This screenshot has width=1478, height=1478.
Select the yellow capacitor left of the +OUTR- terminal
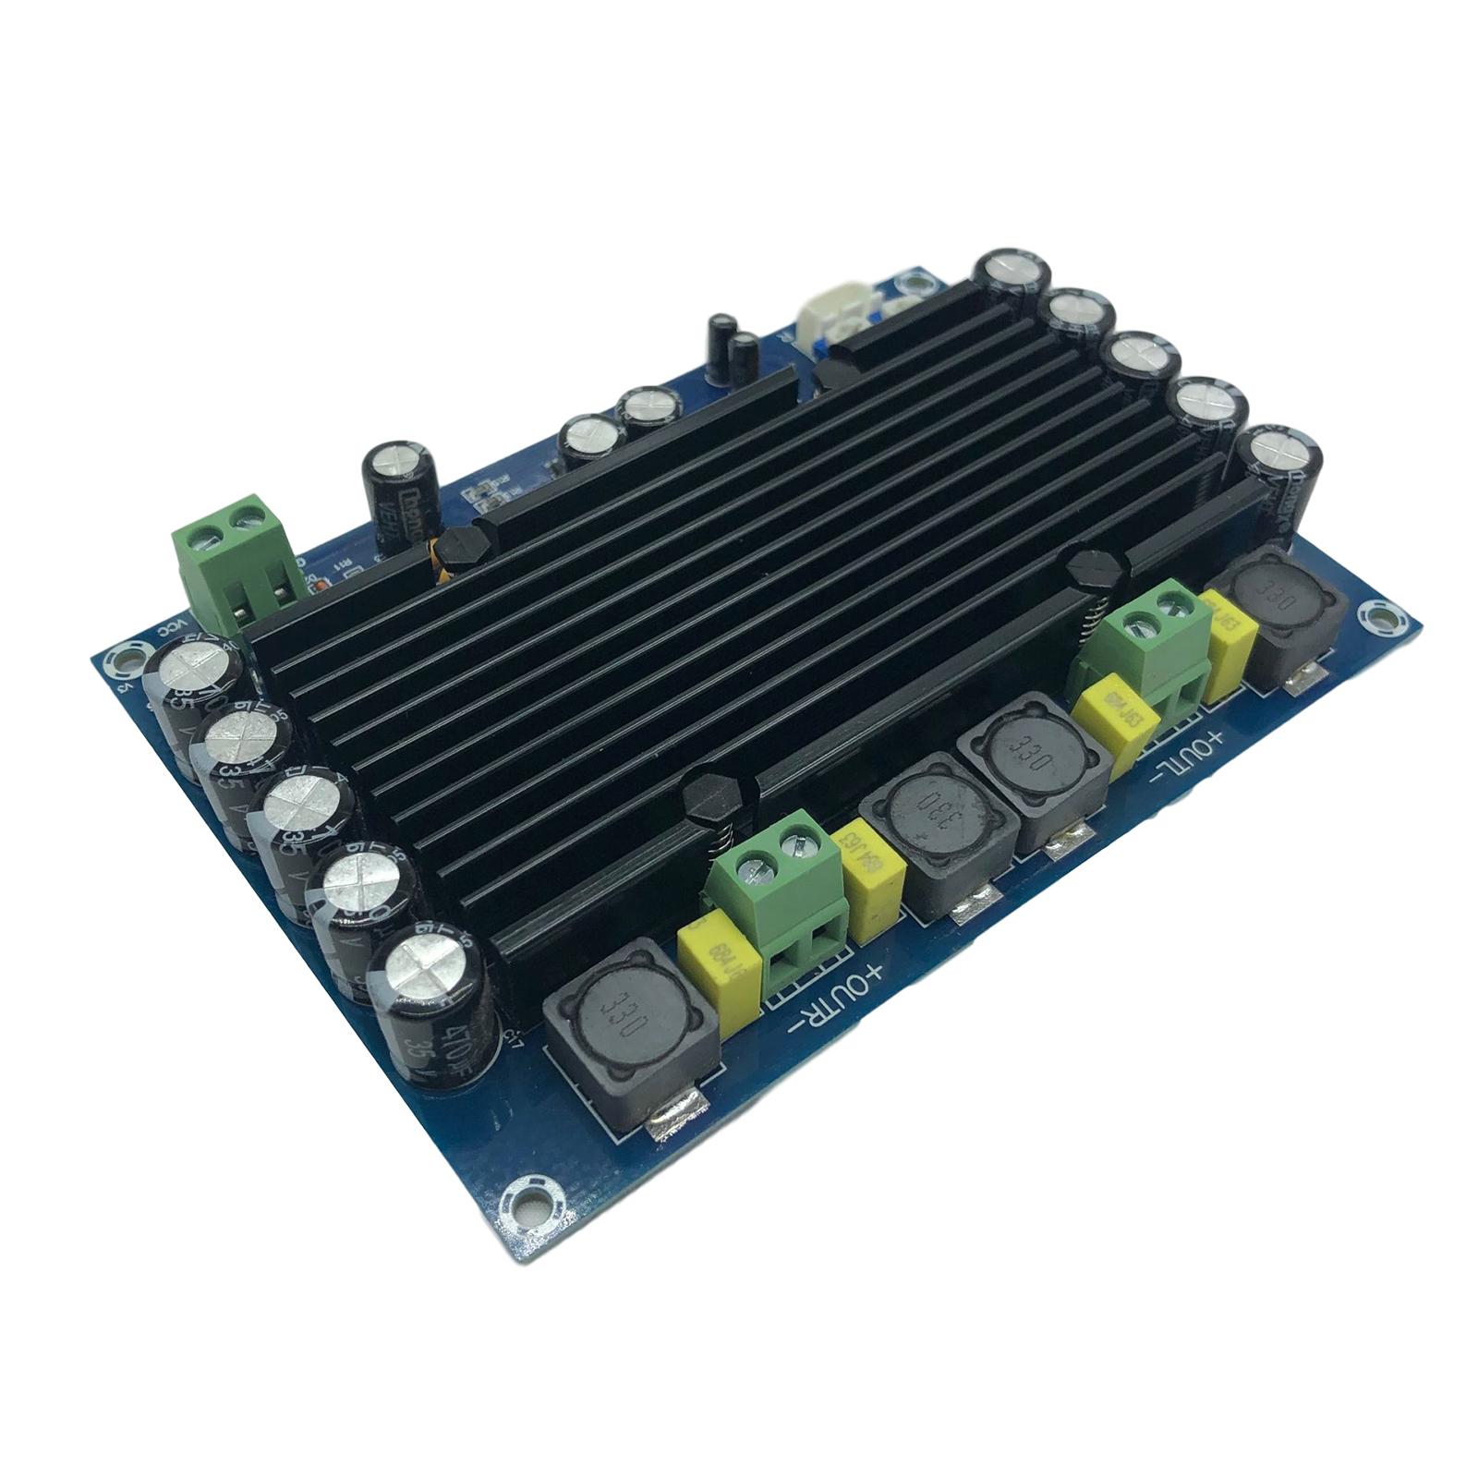(x=716, y=961)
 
